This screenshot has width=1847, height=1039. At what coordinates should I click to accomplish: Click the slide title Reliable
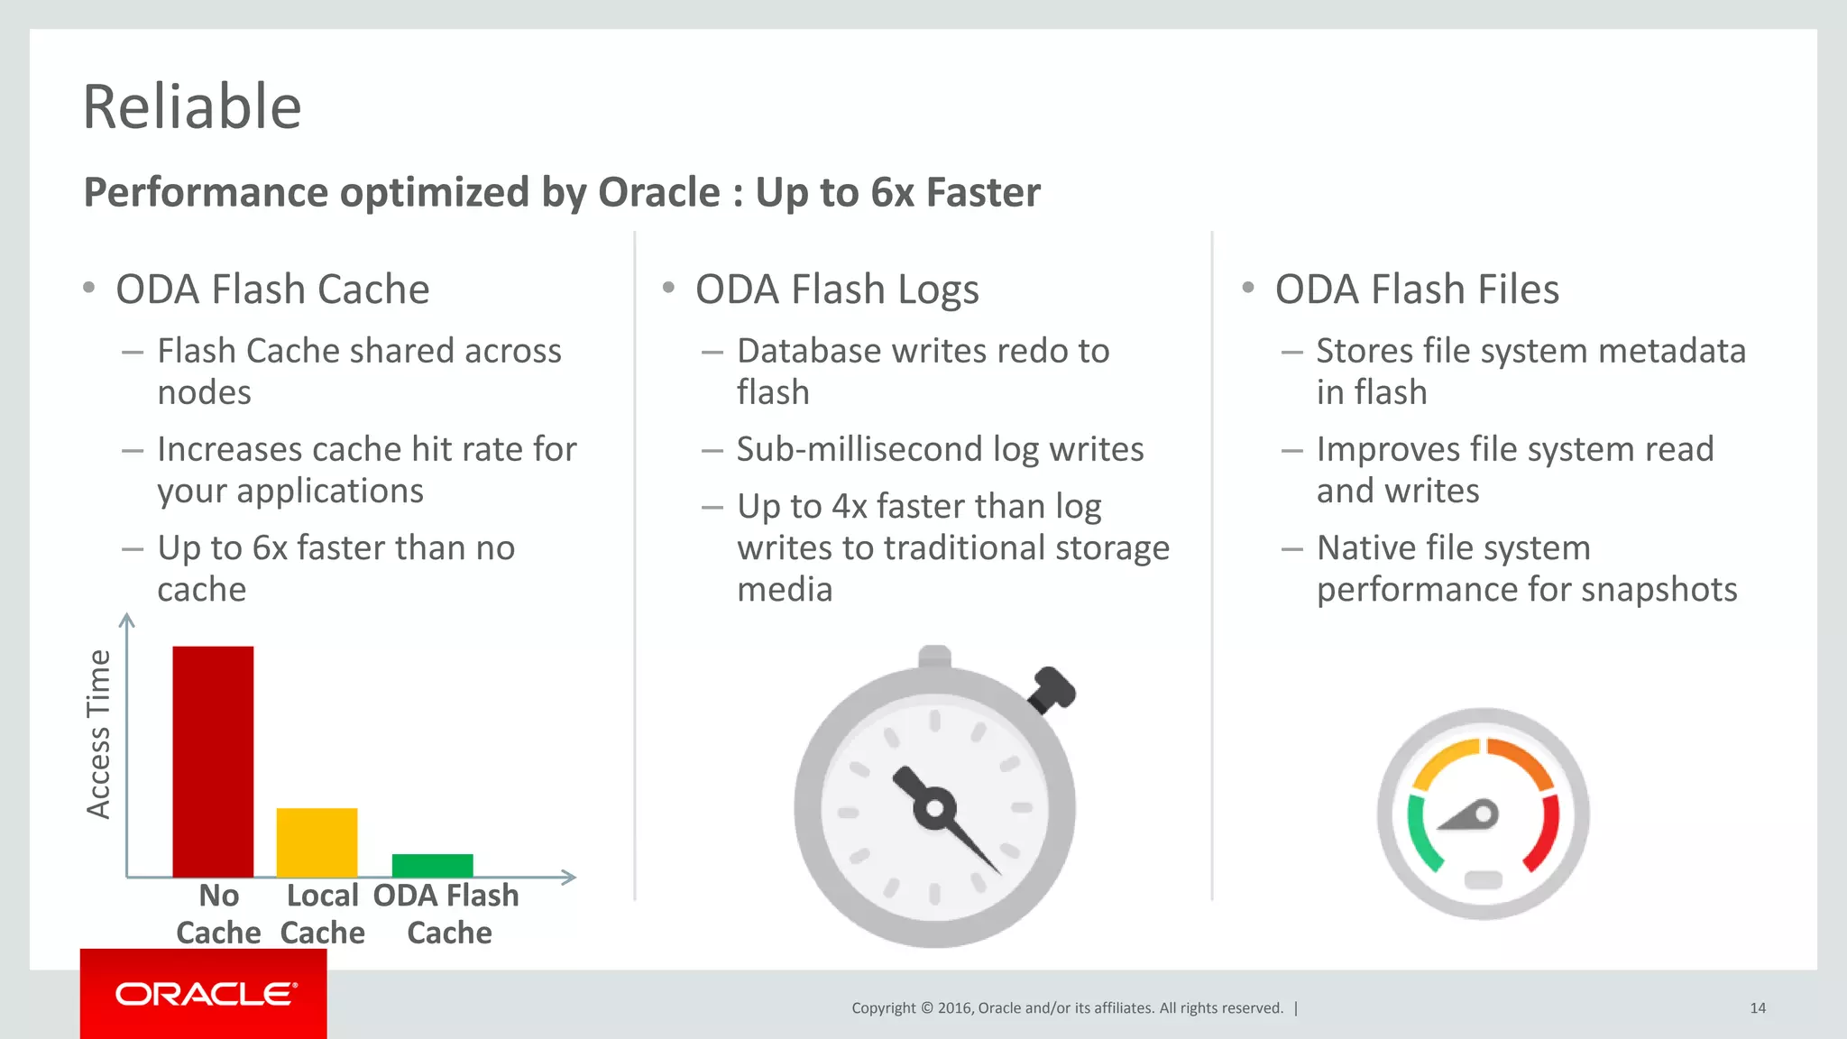pos(191,106)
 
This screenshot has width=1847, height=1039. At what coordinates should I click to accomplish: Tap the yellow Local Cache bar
pos(317,841)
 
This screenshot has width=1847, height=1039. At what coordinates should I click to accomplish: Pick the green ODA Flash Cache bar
pos(432,864)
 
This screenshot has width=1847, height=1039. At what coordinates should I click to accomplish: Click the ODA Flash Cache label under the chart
pos(447,914)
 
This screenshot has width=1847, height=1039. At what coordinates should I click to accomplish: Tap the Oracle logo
pos(205,994)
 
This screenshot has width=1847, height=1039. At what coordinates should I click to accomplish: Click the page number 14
pos(1757,1008)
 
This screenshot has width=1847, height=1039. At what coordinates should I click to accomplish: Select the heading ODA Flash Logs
pos(836,290)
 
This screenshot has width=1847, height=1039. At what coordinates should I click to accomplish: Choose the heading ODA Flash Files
pos(1416,290)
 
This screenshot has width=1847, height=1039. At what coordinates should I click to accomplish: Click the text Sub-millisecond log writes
pos(940,449)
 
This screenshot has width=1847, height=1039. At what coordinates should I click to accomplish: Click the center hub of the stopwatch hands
pos(935,808)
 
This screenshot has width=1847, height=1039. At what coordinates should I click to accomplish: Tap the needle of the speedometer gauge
pos(1470,816)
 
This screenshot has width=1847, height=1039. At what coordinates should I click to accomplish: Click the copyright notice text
pos(1067,1008)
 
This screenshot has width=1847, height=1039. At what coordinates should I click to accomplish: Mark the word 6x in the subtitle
pos(893,192)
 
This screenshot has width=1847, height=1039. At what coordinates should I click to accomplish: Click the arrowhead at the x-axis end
pos(568,877)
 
